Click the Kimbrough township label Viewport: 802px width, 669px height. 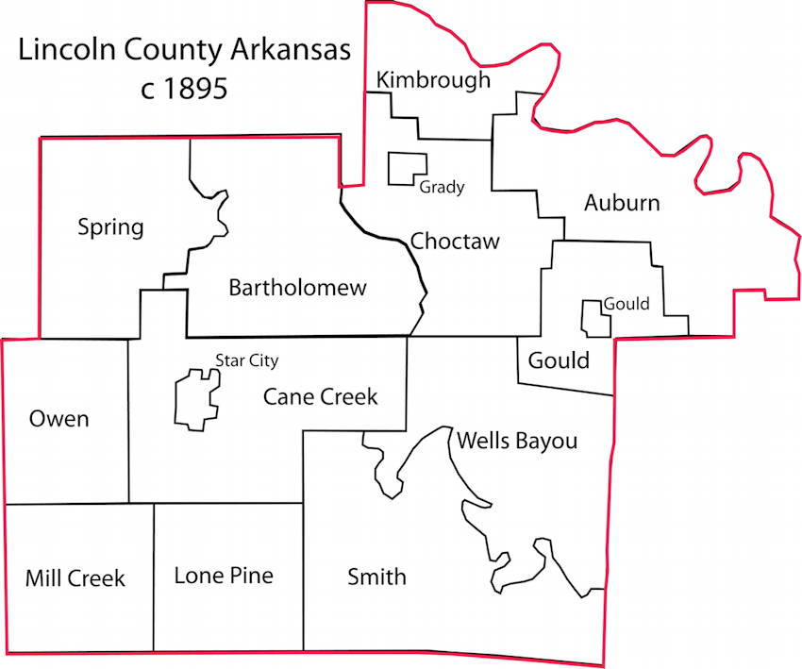[x=433, y=80]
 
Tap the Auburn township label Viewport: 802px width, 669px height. [x=622, y=203]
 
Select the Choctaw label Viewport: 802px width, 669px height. [x=455, y=242]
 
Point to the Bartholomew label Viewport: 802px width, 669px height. [x=297, y=288]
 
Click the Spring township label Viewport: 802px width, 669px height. [x=110, y=227]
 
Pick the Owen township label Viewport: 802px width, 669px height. [x=58, y=418]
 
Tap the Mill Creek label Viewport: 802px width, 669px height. [x=75, y=577]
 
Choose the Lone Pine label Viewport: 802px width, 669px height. [x=224, y=575]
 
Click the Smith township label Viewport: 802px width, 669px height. [x=376, y=577]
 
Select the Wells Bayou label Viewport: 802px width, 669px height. [x=516, y=441]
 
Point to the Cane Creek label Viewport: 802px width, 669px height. [x=320, y=397]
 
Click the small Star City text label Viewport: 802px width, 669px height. [x=247, y=360]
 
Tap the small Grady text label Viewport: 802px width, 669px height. [x=443, y=187]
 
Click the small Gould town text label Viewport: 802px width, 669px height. [x=627, y=304]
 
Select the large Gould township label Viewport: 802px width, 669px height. [x=559, y=360]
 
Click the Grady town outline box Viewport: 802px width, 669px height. [x=408, y=168]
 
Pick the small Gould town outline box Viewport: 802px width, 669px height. [x=594, y=319]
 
